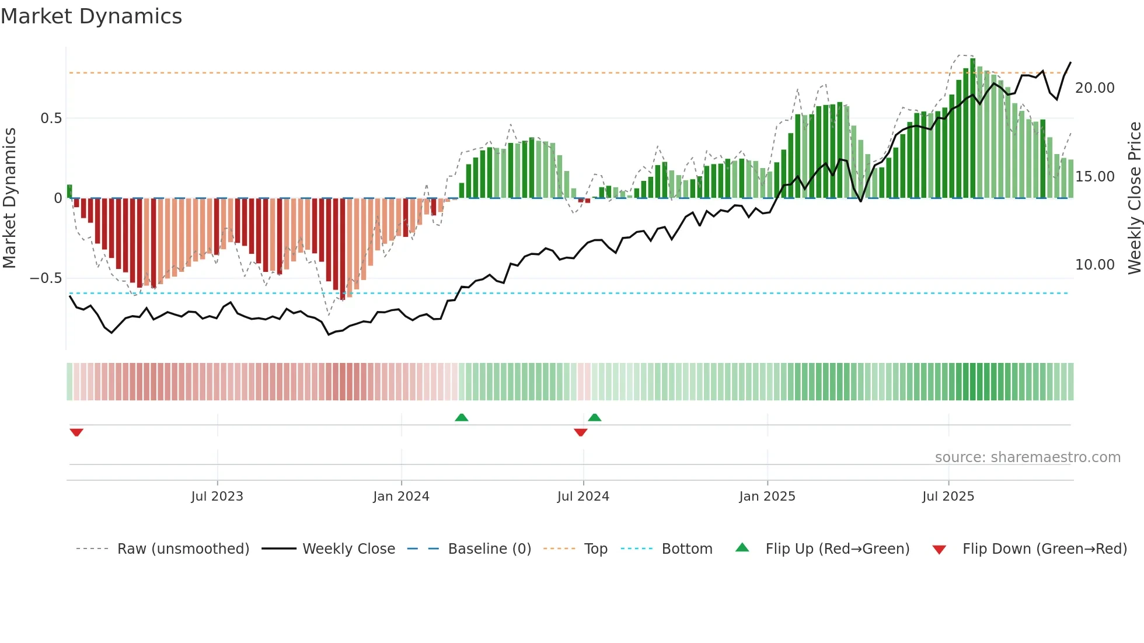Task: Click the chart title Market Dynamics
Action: [92, 16]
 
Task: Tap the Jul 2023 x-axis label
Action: [217, 497]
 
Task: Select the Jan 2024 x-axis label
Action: [401, 497]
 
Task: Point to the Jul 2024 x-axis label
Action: [583, 497]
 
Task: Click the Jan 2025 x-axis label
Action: [767, 497]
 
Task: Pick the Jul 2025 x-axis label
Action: [948, 497]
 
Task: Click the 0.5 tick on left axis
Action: [51, 118]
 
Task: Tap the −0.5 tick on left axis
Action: [46, 278]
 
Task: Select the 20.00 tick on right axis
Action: [1094, 88]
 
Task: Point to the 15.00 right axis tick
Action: [1094, 177]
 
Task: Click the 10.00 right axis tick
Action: [1094, 265]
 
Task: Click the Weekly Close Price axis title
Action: [1134, 198]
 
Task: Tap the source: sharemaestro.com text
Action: [1027, 457]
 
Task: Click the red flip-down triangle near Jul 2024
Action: [580, 432]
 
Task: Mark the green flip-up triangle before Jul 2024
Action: [461, 417]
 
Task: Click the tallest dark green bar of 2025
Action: [972, 128]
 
